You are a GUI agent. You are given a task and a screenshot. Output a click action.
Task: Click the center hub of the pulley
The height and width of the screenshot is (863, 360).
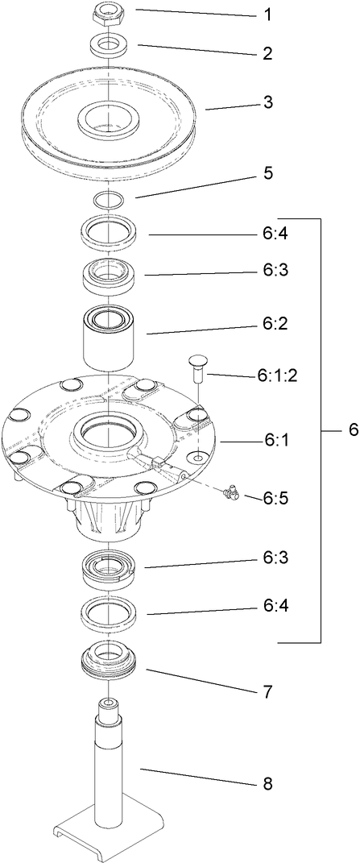[108, 119]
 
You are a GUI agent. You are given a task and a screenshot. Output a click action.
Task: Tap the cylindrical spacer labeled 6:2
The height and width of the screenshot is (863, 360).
[108, 338]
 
